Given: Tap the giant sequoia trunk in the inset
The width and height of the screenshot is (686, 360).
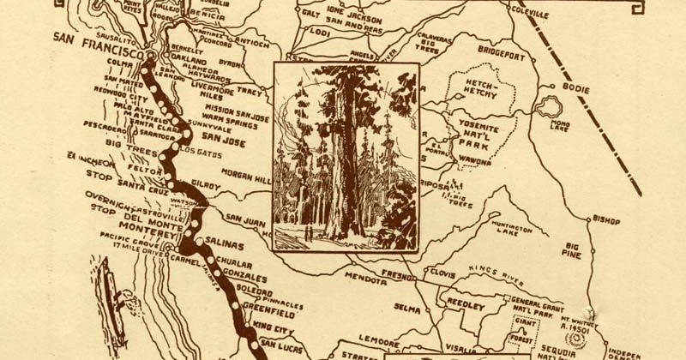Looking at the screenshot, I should (x=337, y=163).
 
